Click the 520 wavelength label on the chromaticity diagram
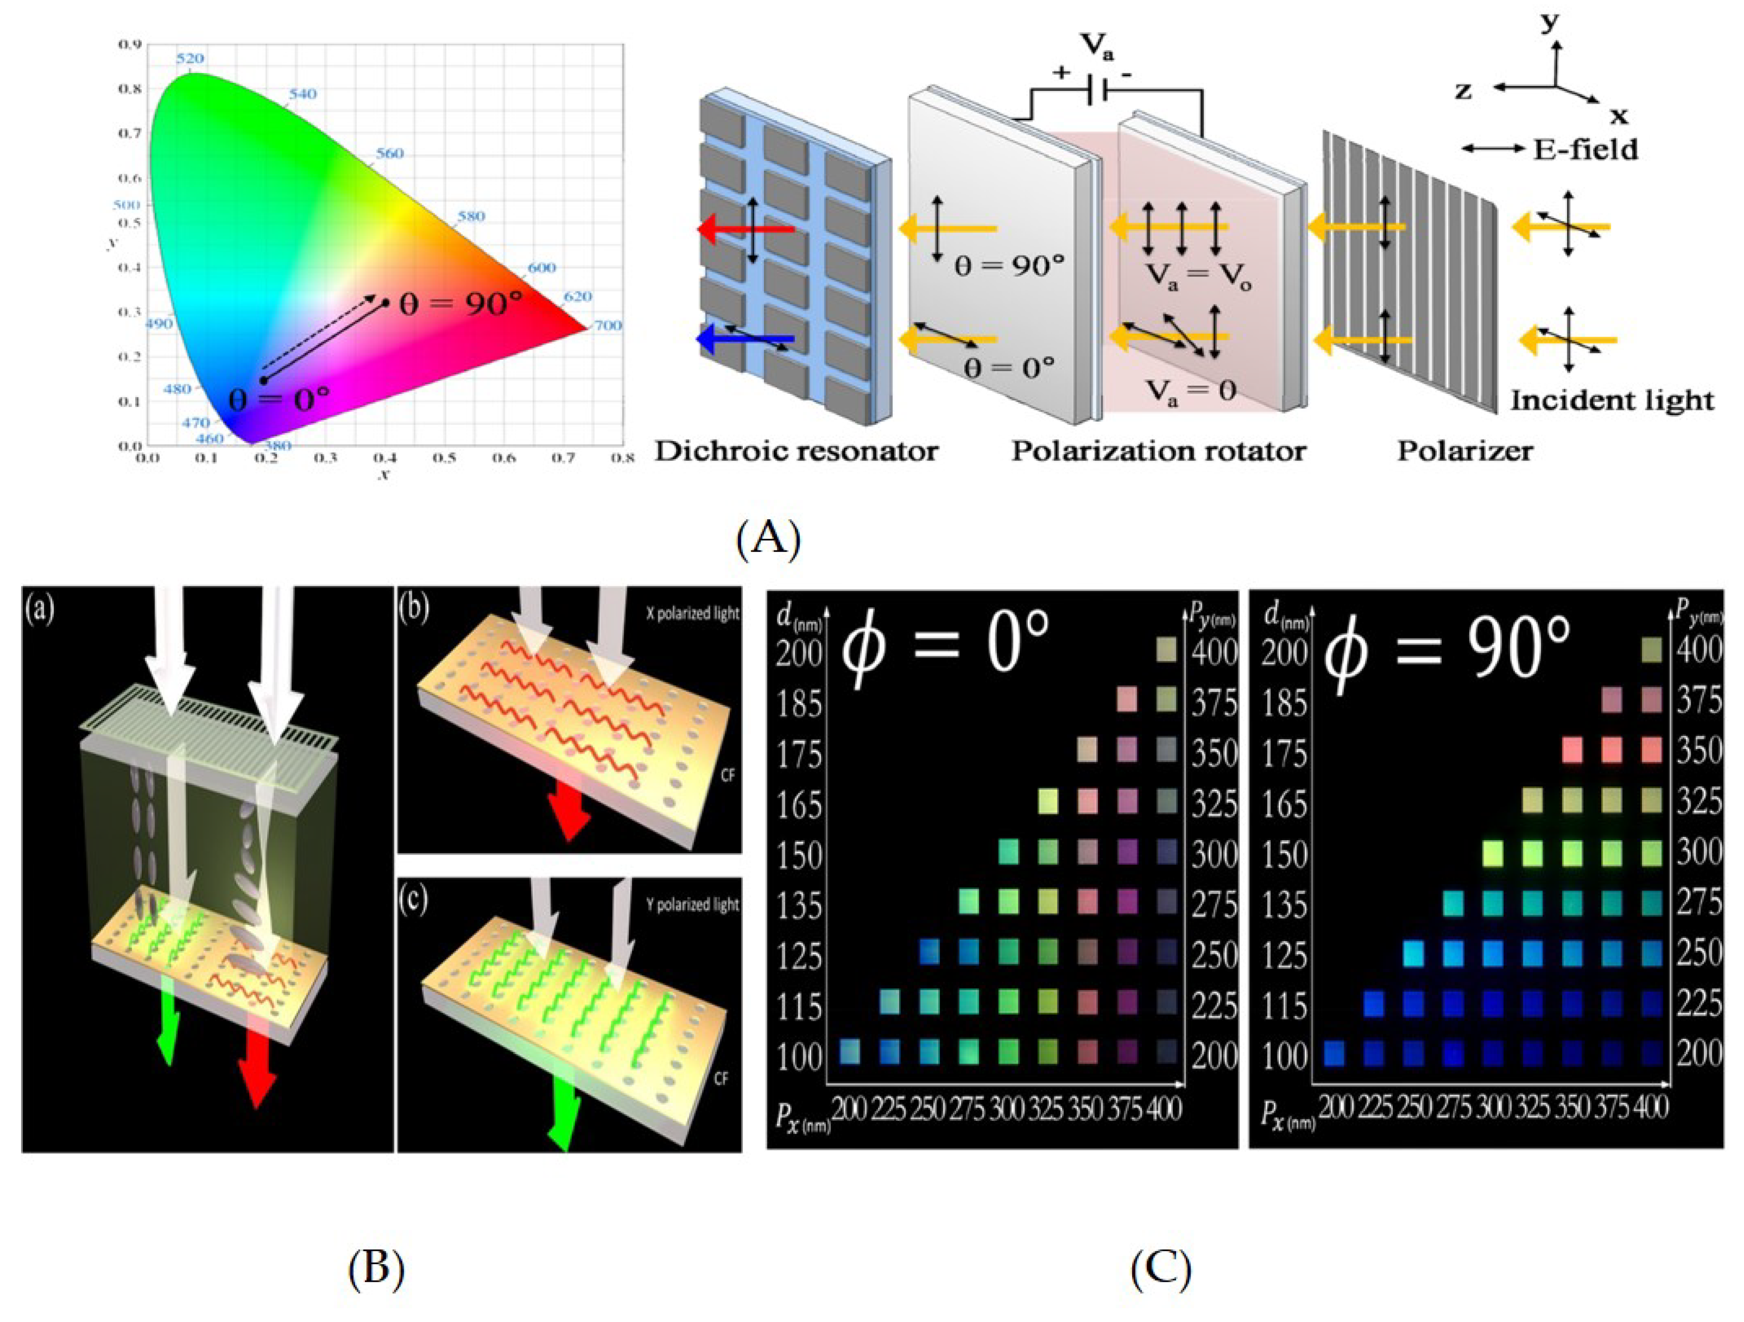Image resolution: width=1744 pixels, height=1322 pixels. (x=190, y=58)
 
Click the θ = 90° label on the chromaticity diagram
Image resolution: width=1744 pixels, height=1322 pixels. (x=460, y=304)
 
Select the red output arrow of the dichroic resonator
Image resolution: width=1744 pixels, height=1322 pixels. (x=745, y=229)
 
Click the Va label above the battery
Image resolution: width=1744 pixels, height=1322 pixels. (x=1096, y=46)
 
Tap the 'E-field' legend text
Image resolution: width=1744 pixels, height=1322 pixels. (x=1585, y=149)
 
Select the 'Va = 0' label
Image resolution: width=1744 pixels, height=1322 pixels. (x=1191, y=389)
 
